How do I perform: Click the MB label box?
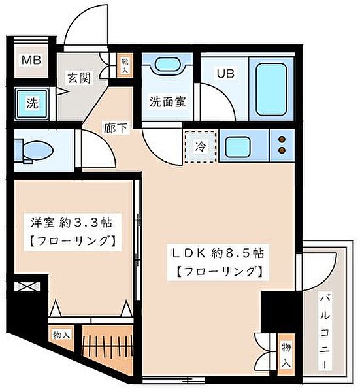32,61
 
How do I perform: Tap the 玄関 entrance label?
78,77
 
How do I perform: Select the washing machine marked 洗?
31,103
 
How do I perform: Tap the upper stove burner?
282,139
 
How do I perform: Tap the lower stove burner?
282,152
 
